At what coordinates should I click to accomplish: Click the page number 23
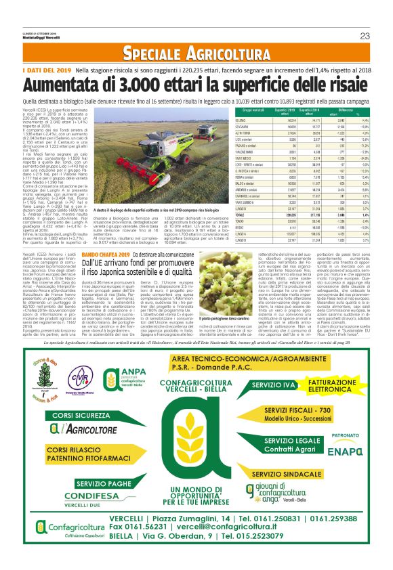coord(364,36)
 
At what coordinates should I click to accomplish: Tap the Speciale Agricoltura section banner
coord(196,53)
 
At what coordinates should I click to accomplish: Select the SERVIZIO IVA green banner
coord(272,385)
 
